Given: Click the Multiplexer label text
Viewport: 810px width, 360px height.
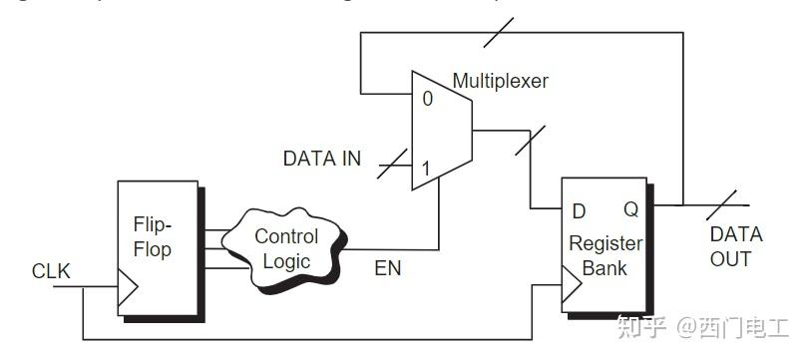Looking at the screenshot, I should click(500, 81).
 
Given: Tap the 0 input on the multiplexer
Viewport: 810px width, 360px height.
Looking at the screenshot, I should click(426, 99).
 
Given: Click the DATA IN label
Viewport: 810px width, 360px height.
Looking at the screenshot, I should click(322, 159).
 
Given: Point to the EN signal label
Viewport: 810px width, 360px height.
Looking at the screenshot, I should click(388, 267).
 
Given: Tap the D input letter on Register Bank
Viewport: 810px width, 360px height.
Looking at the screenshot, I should click(578, 210).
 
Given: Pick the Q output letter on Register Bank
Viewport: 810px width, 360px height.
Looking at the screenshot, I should click(630, 210).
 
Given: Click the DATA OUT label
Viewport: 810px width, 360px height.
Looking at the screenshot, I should click(736, 246).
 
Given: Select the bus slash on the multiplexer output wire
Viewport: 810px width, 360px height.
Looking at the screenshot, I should click(530, 140).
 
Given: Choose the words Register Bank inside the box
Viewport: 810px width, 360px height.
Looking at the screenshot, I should click(606, 254).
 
